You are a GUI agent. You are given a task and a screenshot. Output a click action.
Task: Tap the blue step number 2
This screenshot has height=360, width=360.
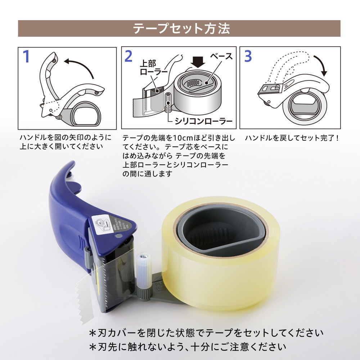point(129,57)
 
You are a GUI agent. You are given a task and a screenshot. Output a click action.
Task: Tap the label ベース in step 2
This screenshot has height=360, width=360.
point(221,57)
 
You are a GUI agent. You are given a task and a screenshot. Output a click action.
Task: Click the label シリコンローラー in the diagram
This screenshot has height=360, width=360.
point(203,121)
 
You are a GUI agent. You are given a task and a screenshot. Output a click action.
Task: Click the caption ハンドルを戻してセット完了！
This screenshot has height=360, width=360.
point(292,138)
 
